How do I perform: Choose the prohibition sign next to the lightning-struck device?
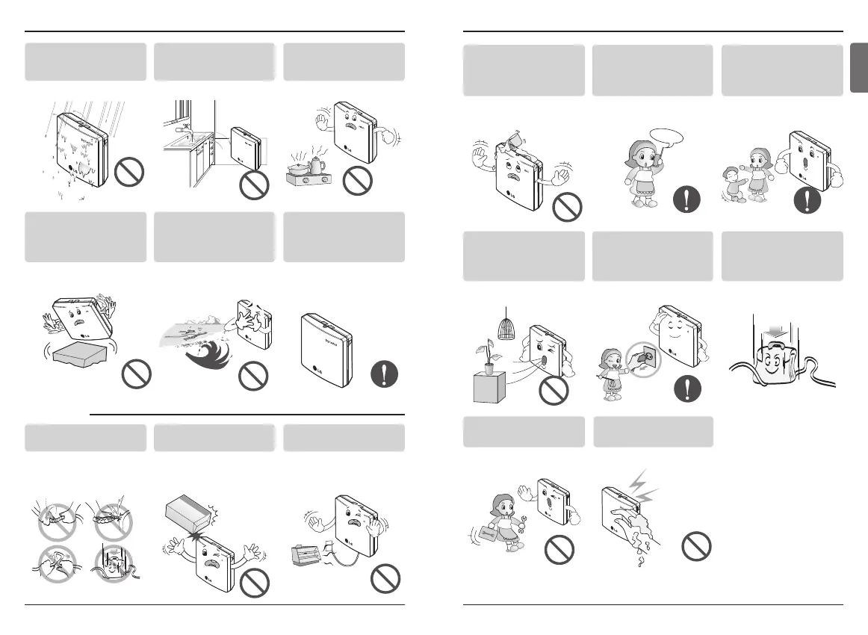(697, 548)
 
